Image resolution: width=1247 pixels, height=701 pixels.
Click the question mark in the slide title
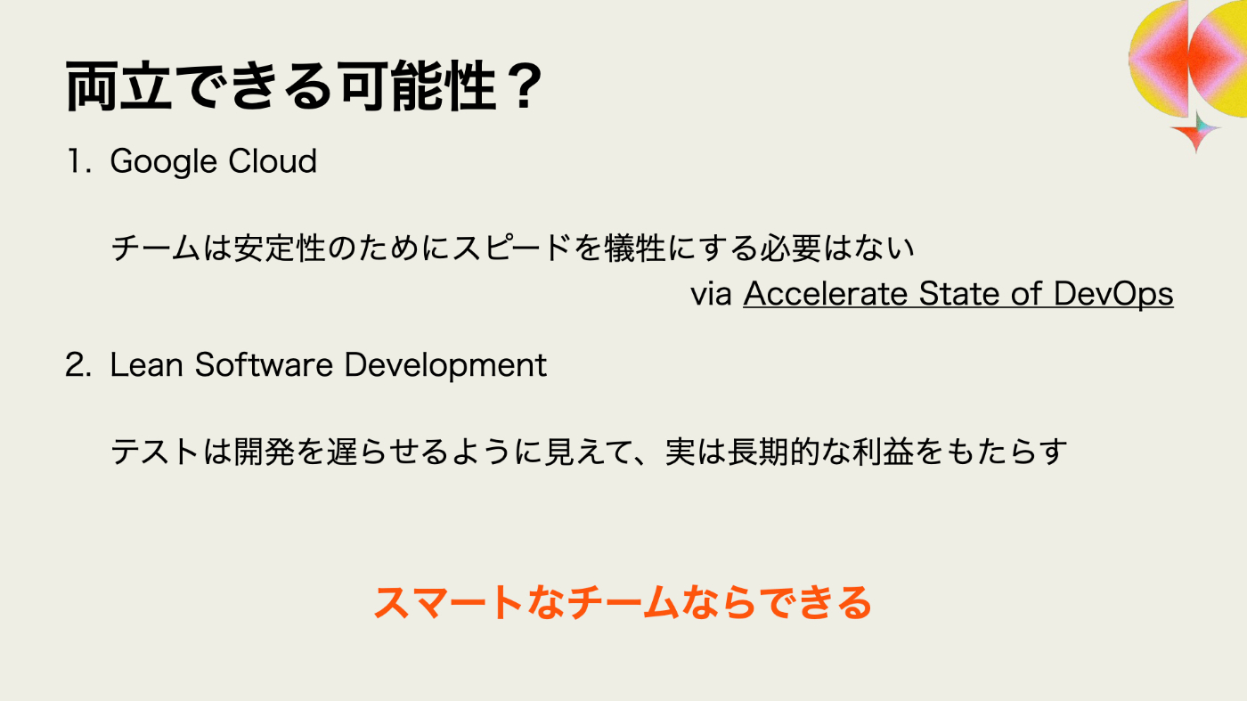(x=527, y=86)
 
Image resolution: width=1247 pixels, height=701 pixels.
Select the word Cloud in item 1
(x=273, y=161)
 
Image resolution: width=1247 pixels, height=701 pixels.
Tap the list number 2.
(x=78, y=365)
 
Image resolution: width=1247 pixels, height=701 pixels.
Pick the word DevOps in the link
(x=1113, y=294)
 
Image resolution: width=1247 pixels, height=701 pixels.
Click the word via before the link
(x=711, y=293)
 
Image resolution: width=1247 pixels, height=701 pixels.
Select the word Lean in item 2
(x=147, y=365)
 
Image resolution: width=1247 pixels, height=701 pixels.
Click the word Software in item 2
(x=264, y=365)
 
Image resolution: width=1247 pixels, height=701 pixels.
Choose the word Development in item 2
(x=445, y=366)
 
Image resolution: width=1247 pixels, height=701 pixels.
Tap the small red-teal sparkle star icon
(x=1195, y=131)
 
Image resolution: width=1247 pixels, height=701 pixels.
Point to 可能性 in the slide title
(x=418, y=86)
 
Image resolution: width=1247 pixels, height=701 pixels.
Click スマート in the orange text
(x=449, y=602)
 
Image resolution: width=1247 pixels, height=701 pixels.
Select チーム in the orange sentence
(x=624, y=602)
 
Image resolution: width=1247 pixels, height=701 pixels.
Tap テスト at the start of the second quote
(x=155, y=452)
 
